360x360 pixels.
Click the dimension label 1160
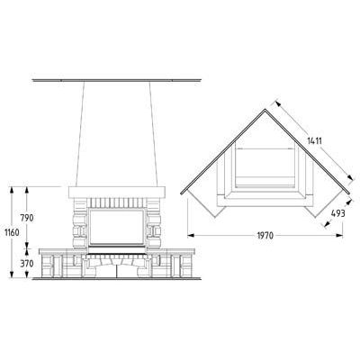point(13,232)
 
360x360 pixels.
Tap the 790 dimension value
point(27,218)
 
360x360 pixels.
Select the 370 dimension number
point(27,264)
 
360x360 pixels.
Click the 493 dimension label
point(337,213)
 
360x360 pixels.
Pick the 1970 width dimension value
point(265,236)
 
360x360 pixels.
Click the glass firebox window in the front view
point(116,227)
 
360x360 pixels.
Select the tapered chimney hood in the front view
point(117,134)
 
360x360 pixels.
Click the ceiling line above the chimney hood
point(117,80)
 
